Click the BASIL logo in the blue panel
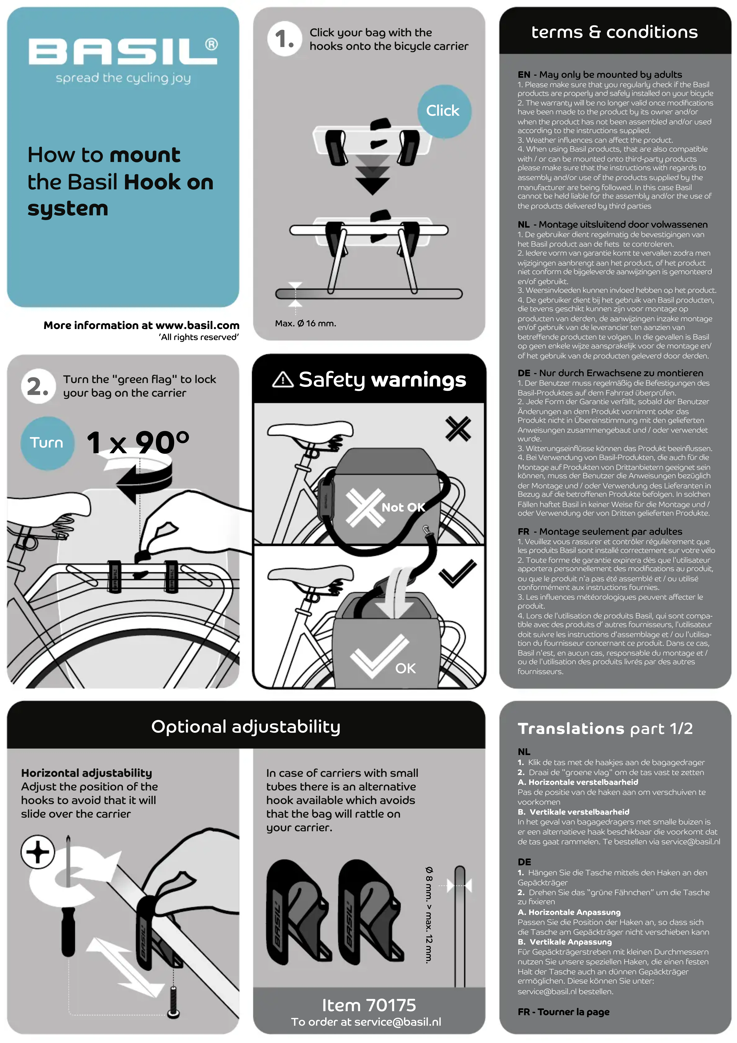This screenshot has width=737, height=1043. [x=123, y=51]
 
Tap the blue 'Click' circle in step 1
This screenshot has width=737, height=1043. [x=443, y=111]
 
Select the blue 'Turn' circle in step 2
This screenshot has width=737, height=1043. [x=46, y=442]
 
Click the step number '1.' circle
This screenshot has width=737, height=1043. [x=285, y=39]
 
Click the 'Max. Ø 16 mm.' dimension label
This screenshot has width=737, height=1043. [x=305, y=323]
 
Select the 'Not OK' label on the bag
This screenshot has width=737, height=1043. [x=403, y=507]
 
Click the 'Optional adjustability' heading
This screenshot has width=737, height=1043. [x=246, y=726]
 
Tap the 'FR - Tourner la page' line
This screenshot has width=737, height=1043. [x=563, y=1012]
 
